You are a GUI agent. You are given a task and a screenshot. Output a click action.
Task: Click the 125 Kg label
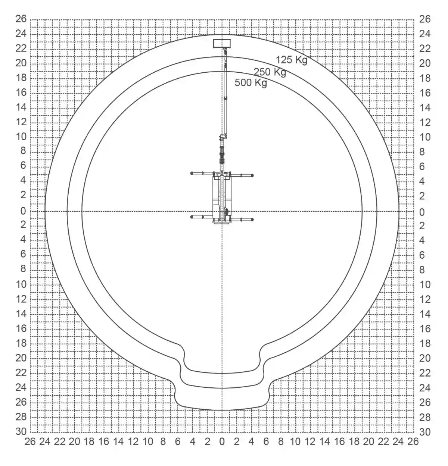[292, 60]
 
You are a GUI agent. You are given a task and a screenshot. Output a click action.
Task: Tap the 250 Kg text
[270, 72]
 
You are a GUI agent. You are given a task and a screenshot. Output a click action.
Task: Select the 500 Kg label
[251, 83]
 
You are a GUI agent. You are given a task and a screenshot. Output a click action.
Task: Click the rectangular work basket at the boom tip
[222, 43]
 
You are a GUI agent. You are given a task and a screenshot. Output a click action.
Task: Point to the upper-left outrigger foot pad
[192, 173]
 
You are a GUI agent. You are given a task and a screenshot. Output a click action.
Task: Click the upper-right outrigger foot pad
[252, 176]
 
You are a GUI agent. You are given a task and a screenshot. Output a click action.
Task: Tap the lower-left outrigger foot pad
[192, 217]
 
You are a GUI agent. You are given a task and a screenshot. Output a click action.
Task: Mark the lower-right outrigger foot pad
[252, 220]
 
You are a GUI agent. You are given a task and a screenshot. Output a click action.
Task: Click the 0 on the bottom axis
[222, 441]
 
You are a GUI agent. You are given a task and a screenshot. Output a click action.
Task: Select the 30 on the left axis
[21, 432]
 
